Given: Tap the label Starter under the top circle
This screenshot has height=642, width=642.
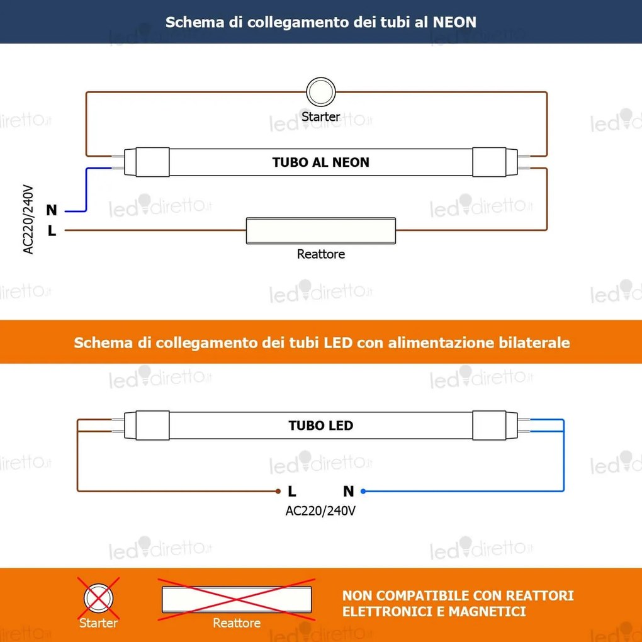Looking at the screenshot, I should coord(321,116).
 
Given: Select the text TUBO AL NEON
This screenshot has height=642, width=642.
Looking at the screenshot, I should coord(321,162).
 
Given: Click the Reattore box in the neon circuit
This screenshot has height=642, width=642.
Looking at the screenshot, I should coord(321,231).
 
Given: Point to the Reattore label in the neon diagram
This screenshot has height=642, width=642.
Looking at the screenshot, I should coord(321,254).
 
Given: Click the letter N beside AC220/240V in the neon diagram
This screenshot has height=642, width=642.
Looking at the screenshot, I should coord(52,210).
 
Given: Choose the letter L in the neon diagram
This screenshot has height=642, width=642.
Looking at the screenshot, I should coord(52,231).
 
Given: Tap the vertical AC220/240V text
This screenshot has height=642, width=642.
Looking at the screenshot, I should coord(28,219).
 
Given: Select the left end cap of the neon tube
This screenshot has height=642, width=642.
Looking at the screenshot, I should coord(147,162).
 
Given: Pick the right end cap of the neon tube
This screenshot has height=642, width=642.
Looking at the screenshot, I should coord(490,162).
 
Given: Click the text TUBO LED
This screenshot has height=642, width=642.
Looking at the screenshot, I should coord(321,425).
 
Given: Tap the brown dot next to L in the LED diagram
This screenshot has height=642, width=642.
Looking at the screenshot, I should coord(277,492).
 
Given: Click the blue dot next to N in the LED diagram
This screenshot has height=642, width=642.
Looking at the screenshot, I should coord(363,492).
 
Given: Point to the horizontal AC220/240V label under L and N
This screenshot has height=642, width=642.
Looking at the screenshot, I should coord(320,510).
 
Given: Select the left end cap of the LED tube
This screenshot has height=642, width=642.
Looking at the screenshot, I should coord(147,425).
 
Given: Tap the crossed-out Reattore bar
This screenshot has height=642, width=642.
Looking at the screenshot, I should coord(237,599).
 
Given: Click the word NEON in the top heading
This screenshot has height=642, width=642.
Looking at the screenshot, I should coord(455,23).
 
